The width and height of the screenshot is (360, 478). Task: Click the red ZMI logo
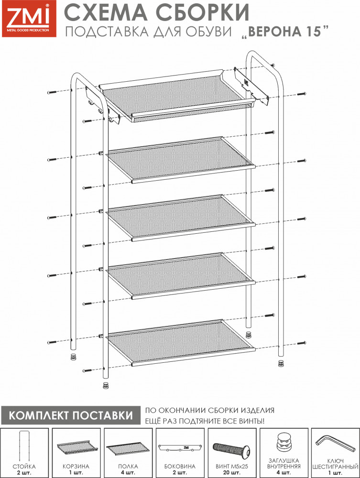tap(29, 19)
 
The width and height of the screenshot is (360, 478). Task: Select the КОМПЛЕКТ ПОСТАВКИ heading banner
tap(70, 415)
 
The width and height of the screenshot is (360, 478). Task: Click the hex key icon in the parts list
tap(335, 444)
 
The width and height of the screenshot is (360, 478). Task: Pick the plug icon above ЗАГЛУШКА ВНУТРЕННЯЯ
tap(284, 443)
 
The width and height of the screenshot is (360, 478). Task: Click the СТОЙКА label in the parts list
tap(24, 467)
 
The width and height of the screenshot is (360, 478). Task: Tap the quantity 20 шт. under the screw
tap(232, 473)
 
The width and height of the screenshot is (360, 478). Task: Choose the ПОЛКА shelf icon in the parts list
tap(128, 448)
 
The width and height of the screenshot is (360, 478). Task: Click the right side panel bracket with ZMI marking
tap(251, 86)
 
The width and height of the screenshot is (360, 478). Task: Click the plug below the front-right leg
tap(281, 363)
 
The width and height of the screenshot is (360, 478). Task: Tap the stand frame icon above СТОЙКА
tap(24, 446)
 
